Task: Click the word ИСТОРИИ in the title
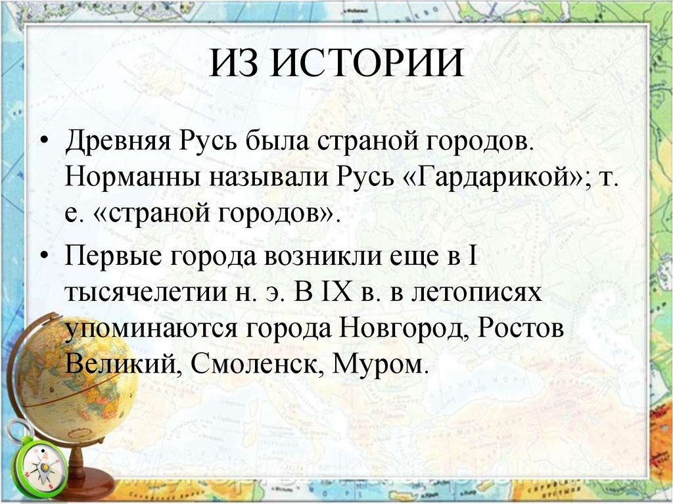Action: (x=367, y=64)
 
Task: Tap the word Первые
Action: (x=114, y=257)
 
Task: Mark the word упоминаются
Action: (x=151, y=329)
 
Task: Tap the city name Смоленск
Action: (x=258, y=365)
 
